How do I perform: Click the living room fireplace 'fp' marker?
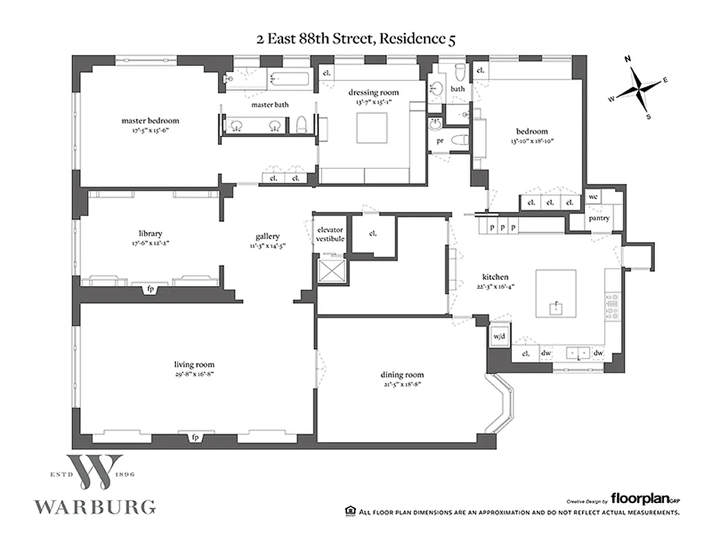tap(195, 436)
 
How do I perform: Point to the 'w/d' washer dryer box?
tap(498, 336)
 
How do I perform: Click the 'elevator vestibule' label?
tap(329, 234)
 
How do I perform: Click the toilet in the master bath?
tap(300, 126)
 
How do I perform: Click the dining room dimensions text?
tap(402, 384)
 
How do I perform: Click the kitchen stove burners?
tap(610, 306)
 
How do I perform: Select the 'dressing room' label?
tap(372, 93)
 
